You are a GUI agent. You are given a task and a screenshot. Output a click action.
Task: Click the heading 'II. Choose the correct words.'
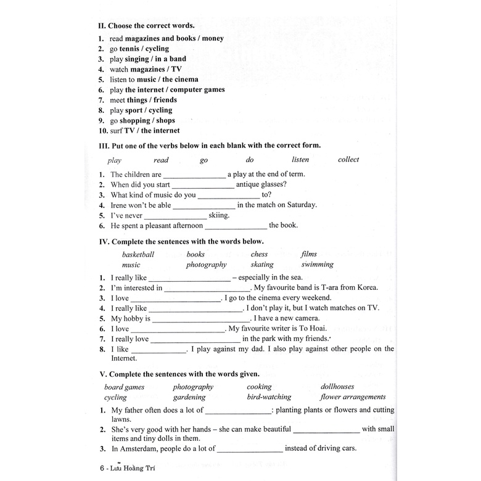pyautogui.click(x=146, y=26)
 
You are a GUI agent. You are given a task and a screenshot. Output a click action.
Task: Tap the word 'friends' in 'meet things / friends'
pyautogui.click(x=165, y=100)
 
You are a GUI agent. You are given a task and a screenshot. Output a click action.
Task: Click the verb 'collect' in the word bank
pyautogui.click(x=348, y=160)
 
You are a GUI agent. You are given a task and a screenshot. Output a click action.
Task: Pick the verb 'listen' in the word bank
pyautogui.click(x=300, y=160)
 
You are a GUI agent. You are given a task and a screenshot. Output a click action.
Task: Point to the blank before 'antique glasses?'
pyautogui.click(x=203, y=184)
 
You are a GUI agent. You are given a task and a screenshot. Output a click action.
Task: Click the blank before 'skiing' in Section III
pyautogui.click(x=176, y=216)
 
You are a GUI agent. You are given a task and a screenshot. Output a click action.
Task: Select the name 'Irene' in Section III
pyautogui.click(x=120, y=205)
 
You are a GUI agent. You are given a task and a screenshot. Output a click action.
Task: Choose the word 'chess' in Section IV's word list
pyautogui.click(x=259, y=254)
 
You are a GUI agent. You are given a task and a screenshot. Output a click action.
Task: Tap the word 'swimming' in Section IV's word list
pyautogui.click(x=317, y=265)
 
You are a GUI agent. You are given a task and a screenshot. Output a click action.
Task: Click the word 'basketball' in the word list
pyautogui.click(x=138, y=254)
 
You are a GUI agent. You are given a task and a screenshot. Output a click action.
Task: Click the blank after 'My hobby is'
pyautogui.click(x=201, y=319)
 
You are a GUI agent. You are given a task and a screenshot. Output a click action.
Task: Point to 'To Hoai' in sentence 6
pyautogui.click(x=312, y=329)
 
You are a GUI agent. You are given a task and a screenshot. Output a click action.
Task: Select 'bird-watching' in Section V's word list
pyautogui.click(x=269, y=397)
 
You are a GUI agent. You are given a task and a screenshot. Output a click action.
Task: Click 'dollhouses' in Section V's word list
pyautogui.click(x=337, y=387)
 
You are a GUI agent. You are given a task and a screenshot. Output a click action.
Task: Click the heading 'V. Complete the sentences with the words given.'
pyautogui.click(x=179, y=374)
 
